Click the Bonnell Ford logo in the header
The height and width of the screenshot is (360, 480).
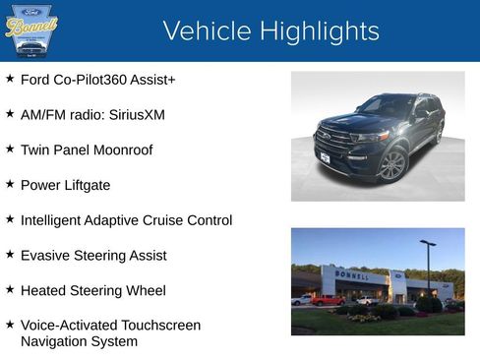[31, 30]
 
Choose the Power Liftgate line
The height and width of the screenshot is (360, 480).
[65, 185]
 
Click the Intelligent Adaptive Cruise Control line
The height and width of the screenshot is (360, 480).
[126, 220]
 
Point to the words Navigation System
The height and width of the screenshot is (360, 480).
[79, 342]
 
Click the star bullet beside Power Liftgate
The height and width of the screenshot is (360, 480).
[10, 184]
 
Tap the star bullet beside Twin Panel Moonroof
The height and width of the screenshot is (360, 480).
[10, 149]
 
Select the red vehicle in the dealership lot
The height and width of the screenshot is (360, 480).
[327, 300]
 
